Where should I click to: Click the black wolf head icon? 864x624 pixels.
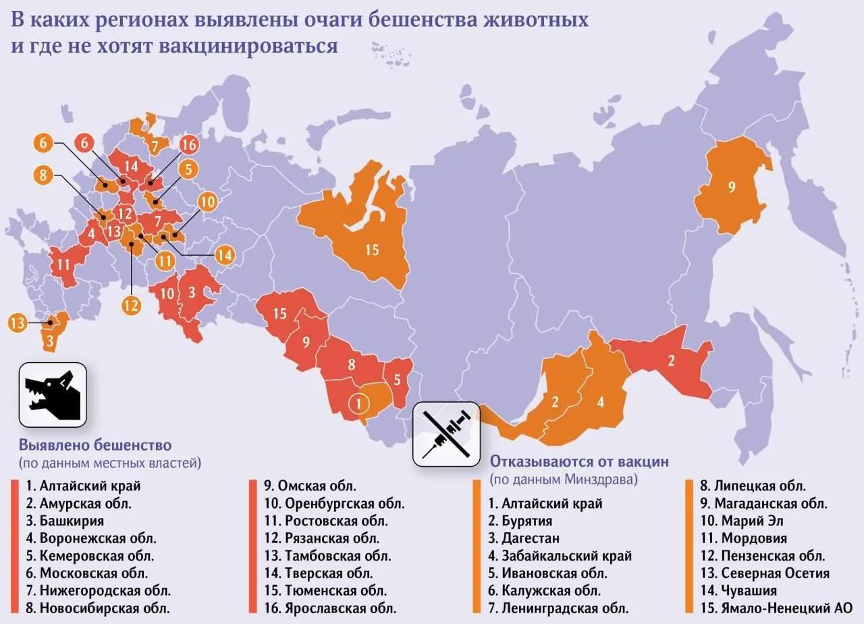coord(53,395)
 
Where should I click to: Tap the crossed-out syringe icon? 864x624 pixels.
coord(446,432)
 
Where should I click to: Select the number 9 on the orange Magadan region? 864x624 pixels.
coord(731,188)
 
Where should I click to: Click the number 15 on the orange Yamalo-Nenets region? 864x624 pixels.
coord(372,250)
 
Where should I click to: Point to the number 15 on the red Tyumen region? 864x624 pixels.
coord(280,314)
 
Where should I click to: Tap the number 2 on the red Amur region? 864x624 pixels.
coord(671,360)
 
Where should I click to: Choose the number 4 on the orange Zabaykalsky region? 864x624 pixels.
coord(600,403)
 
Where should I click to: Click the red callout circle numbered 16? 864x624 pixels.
coord(188,144)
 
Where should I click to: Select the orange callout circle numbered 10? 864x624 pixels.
coord(207,201)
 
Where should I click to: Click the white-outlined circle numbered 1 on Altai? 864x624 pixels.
coord(359,404)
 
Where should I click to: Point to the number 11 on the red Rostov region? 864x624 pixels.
coord(64,264)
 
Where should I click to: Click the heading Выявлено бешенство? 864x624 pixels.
coord(95,445)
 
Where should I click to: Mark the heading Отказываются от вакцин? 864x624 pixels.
coord(579,461)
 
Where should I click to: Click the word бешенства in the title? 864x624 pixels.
coord(418,20)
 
